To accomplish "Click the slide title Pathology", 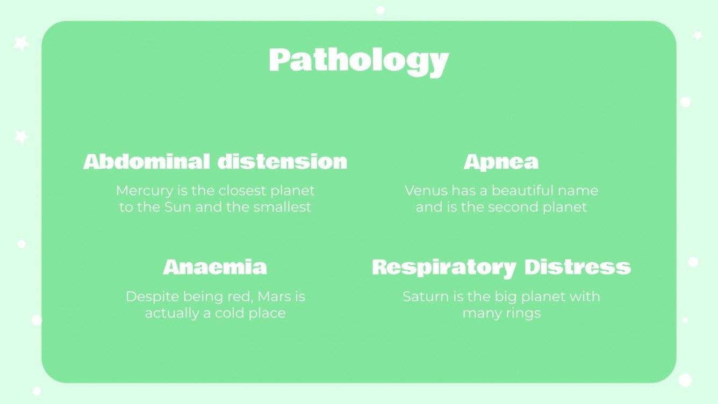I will pos(358,61).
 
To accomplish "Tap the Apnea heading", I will pos(501,162).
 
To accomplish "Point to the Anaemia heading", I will pos(215,267).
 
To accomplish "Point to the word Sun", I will pos(181,207).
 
